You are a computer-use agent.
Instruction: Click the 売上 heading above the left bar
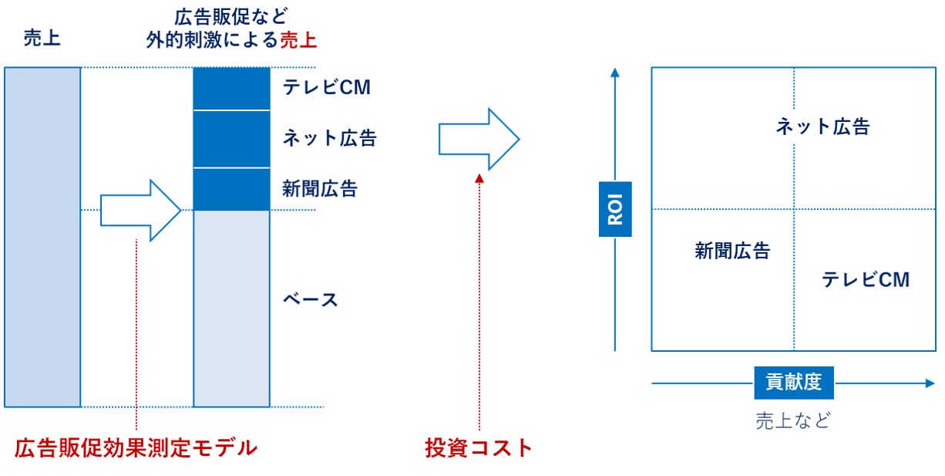tap(42, 39)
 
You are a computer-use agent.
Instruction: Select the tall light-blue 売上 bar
tap(42, 237)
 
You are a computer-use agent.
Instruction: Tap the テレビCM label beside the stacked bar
tap(326, 88)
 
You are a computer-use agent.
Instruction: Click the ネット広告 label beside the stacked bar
tap(329, 138)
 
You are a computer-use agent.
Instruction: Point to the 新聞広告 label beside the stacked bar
tap(320, 189)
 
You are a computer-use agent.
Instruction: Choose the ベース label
tap(310, 300)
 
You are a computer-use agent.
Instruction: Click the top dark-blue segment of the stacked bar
tap(231, 89)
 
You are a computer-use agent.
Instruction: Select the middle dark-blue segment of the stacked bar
tap(231, 140)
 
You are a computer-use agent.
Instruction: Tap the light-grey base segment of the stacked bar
tap(231, 308)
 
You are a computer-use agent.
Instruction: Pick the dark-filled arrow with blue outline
tap(479, 139)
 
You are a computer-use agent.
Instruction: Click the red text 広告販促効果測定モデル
tap(136, 448)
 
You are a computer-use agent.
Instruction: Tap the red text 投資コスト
tap(479, 448)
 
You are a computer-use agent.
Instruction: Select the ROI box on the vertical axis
tap(615, 209)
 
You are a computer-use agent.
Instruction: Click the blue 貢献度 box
tap(793, 382)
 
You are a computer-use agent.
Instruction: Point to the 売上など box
tap(793, 421)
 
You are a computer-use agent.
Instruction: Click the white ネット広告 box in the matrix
tap(826, 127)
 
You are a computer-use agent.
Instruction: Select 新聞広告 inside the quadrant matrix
tap(732, 250)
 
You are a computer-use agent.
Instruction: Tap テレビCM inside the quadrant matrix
tap(866, 279)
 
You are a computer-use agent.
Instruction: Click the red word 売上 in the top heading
tap(298, 39)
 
